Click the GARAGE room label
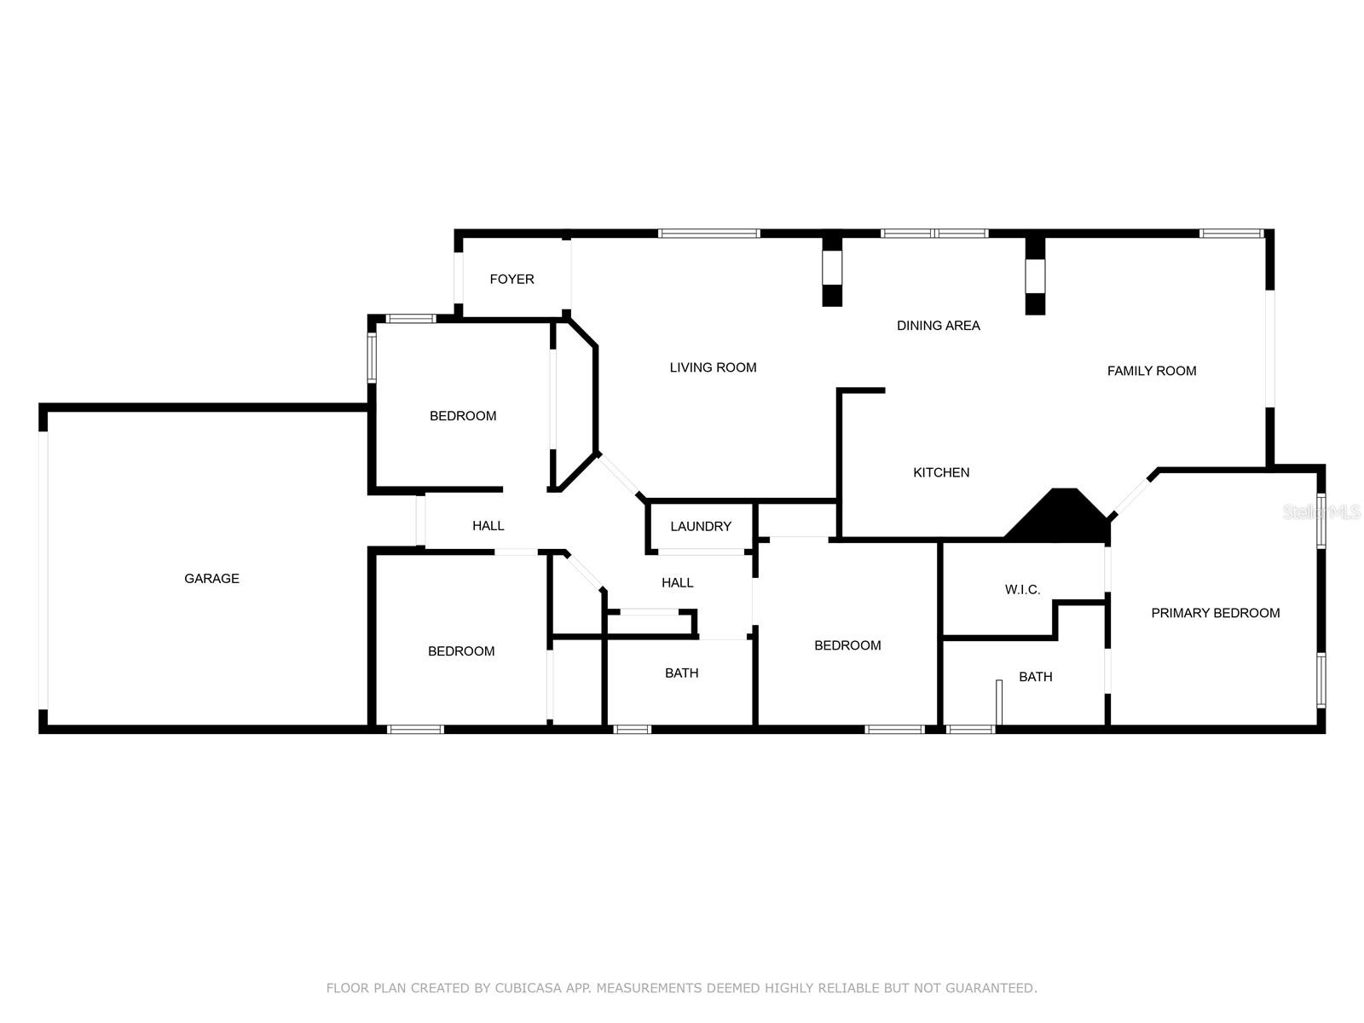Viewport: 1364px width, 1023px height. tap(211, 579)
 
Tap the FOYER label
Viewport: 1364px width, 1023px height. tap(511, 280)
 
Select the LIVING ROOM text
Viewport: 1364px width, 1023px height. tap(713, 367)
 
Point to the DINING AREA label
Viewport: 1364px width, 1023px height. tap(938, 326)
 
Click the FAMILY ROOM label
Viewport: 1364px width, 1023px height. tap(1151, 371)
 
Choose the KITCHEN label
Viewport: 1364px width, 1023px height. tap(941, 472)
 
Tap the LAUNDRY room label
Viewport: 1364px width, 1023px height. tap(700, 527)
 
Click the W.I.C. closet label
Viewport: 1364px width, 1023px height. tap(1022, 590)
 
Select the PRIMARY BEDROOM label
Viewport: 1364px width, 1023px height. tap(1215, 613)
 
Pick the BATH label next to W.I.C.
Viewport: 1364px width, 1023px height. tap(1035, 677)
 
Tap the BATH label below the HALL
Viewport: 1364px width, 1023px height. tap(681, 673)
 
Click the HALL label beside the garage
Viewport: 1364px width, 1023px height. tap(488, 526)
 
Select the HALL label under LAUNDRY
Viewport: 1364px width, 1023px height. tap(677, 583)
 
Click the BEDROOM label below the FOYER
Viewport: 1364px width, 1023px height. tap(462, 416)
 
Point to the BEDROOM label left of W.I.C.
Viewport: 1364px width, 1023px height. tap(847, 645)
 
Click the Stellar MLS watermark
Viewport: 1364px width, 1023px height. tap(1321, 512)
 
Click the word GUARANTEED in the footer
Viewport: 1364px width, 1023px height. tap(992, 989)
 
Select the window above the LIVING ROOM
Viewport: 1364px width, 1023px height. tap(708, 233)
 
